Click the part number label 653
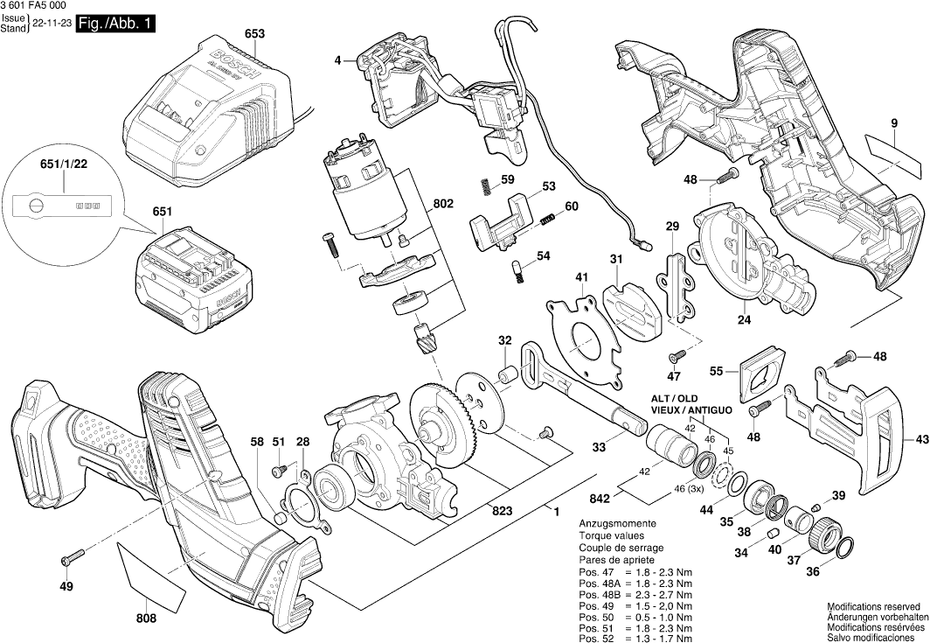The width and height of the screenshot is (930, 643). pyautogui.click(x=254, y=34)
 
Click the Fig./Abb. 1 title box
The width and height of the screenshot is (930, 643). pyautogui.click(x=115, y=25)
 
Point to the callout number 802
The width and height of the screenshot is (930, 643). pyautogui.click(x=443, y=204)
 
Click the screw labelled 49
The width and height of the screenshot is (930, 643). pyautogui.click(x=71, y=556)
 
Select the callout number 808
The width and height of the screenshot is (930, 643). pyautogui.click(x=146, y=618)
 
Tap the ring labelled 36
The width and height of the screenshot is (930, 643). pyautogui.click(x=844, y=549)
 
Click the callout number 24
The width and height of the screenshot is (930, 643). pyautogui.click(x=744, y=320)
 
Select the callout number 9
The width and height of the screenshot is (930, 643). pyautogui.click(x=894, y=123)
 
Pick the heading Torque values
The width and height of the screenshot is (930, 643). pyautogui.click(x=611, y=535)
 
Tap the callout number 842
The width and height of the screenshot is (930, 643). pyautogui.click(x=600, y=499)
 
